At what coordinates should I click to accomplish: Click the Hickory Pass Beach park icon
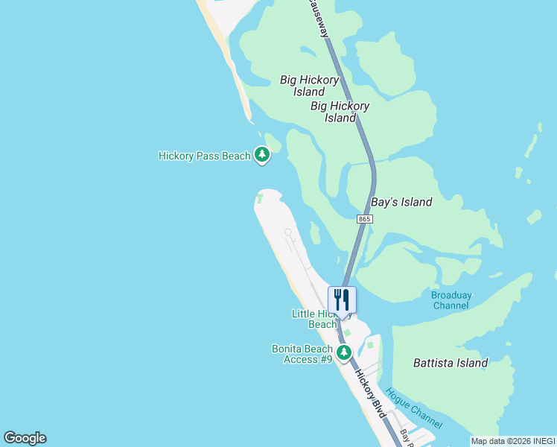[x=261, y=155]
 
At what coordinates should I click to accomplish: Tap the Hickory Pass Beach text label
[x=205, y=156]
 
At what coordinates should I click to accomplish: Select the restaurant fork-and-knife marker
[x=342, y=300]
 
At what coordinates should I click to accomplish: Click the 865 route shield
[x=364, y=219]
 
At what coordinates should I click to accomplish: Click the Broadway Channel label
[x=451, y=300]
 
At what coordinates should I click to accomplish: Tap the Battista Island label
[x=451, y=364]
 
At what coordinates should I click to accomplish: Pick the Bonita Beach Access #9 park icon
[x=344, y=352]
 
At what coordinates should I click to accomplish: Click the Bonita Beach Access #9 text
[x=302, y=354]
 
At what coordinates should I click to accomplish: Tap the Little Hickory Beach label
[x=316, y=319]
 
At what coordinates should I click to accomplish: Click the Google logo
[x=25, y=438]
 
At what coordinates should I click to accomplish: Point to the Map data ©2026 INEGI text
[x=513, y=441]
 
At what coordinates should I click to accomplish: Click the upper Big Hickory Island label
[x=309, y=86]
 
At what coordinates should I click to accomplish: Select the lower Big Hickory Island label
[x=340, y=112]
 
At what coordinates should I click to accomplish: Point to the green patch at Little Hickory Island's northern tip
[x=260, y=199]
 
